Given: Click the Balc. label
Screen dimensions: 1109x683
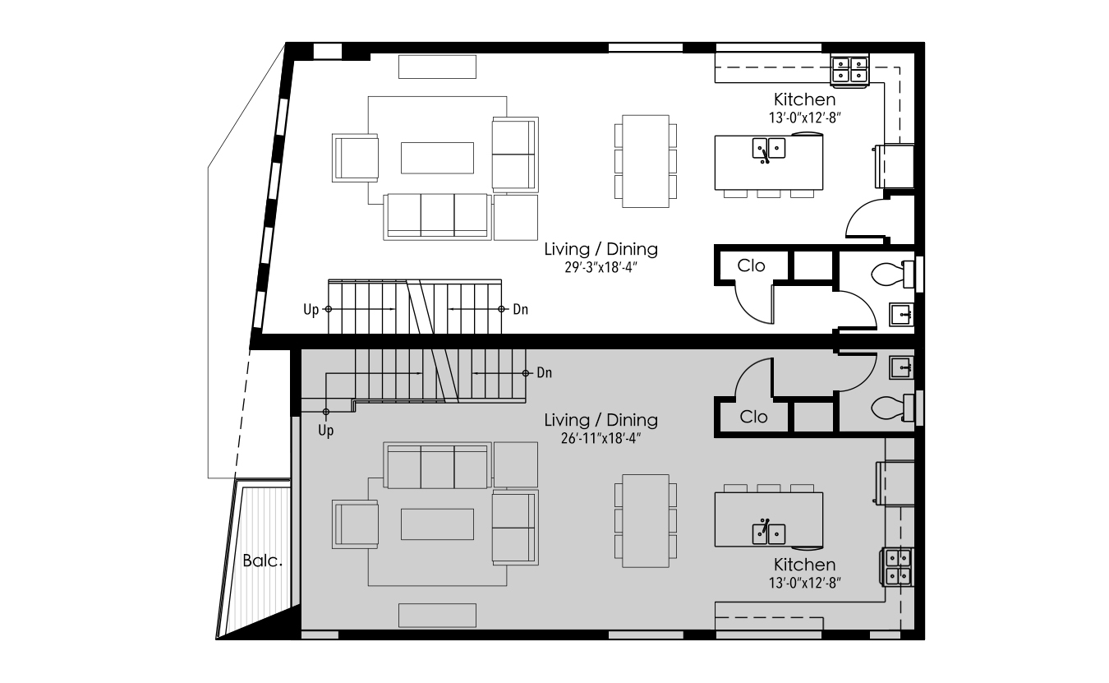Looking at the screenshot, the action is coord(262,561).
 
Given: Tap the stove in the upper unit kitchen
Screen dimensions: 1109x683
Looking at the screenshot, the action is coord(850,70).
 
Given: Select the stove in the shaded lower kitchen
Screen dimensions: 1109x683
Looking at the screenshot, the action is coord(898,566).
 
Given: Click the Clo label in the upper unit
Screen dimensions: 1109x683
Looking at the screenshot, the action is coord(751,266).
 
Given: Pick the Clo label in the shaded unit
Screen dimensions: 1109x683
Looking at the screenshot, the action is coord(753,417).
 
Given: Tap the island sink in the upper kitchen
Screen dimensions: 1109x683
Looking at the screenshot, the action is coord(768,149).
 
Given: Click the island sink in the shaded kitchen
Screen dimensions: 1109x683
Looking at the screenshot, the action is coord(768,533).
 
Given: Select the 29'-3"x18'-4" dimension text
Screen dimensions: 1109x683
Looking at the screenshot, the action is coord(601,267).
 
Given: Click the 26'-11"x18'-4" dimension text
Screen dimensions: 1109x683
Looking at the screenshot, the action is coord(601,438).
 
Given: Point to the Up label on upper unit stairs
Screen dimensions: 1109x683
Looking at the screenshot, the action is coord(311,310).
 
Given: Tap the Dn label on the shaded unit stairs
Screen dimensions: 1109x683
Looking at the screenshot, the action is coord(544,372).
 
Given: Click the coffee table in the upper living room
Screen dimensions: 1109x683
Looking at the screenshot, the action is coord(437,158).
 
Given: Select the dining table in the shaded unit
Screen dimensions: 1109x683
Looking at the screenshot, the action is coord(646,521).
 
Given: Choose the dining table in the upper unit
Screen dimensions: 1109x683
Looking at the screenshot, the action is coord(646,161).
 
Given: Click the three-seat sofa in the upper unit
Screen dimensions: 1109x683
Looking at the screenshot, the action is coord(437,217).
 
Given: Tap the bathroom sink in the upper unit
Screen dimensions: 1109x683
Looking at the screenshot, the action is coord(901,314).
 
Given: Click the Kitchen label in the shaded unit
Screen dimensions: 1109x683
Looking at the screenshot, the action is coord(804,565).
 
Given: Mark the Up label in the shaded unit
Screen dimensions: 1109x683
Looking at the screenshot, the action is coord(326,431).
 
